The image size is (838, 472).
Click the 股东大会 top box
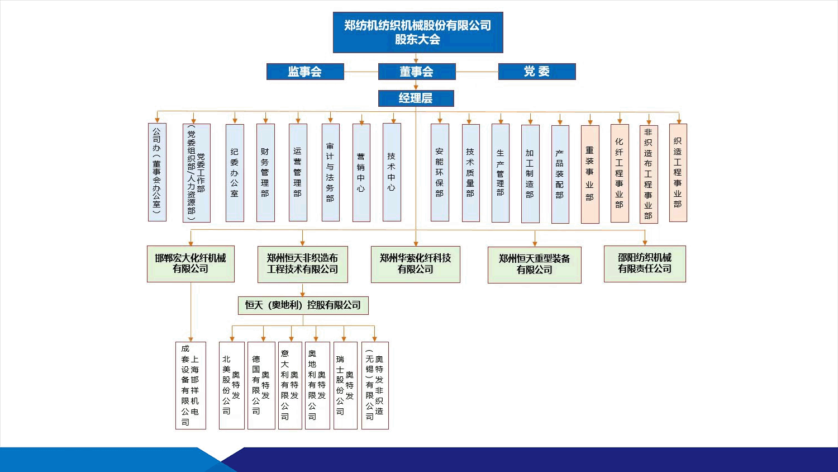[418, 32]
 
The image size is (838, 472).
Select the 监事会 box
[305, 72]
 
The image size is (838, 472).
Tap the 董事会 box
[417, 72]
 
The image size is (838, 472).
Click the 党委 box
[536, 72]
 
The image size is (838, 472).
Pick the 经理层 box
[416, 98]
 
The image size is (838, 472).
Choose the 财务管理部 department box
[265, 173]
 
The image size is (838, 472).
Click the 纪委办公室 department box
[235, 173]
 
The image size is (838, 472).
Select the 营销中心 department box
[361, 173]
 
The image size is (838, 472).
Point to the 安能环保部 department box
[440, 173]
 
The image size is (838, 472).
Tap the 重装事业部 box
[590, 174]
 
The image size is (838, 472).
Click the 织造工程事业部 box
[678, 173]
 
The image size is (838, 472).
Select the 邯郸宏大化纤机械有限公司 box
[191, 263]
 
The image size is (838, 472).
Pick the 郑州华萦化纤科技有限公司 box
[416, 264]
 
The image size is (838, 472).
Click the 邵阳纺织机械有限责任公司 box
[645, 263]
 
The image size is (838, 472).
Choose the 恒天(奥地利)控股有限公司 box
[303, 305]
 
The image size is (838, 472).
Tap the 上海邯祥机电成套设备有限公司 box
[191, 385]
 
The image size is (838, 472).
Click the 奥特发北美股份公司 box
[232, 385]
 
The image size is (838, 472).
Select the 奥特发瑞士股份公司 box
[345, 385]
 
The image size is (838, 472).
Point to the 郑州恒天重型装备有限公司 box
[535, 265]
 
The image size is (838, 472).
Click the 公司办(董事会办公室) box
[157, 173]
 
